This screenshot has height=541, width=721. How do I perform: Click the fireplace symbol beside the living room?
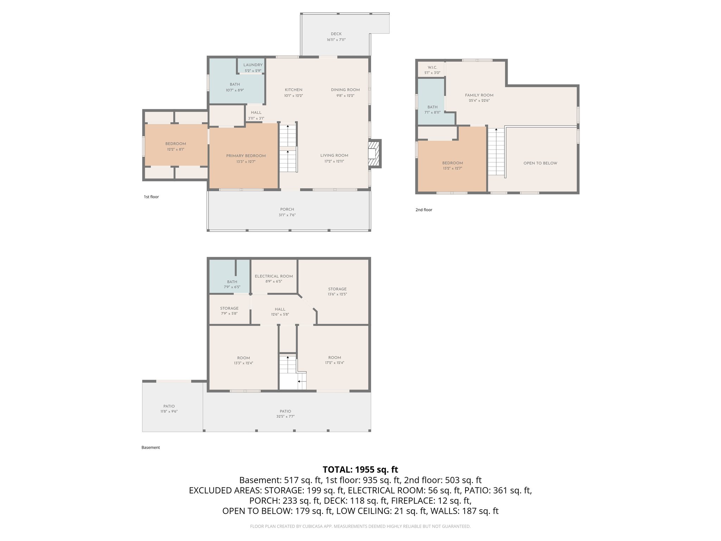[374, 154]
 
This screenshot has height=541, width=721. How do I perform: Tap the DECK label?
[336, 34]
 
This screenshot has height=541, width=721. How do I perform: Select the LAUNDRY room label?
[253, 65]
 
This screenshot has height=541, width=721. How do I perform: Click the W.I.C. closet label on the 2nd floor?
[432, 67]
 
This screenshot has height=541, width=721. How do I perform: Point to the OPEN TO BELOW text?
[540, 163]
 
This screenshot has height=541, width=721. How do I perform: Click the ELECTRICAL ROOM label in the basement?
[274, 276]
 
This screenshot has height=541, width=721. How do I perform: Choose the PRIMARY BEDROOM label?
[246, 156]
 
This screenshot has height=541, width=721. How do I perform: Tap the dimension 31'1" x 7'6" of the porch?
[287, 215]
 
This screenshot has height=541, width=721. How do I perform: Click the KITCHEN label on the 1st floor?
[293, 90]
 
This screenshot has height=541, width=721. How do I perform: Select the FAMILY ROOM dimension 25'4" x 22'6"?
[479, 100]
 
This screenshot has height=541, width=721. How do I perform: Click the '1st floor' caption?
[151, 197]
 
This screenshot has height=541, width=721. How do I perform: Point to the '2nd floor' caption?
[424, 210]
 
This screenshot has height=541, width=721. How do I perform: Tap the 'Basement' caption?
[150, 447]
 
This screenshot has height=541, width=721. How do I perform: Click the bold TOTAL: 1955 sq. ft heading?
[360, 470]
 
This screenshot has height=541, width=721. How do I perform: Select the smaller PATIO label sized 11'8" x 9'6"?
[169, 406]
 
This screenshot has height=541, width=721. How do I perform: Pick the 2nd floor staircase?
[496, 151]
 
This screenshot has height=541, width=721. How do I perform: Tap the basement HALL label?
[280, 309]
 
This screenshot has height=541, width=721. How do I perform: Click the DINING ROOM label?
[345, 90]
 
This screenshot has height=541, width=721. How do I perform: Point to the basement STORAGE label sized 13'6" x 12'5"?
[337, 289]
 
